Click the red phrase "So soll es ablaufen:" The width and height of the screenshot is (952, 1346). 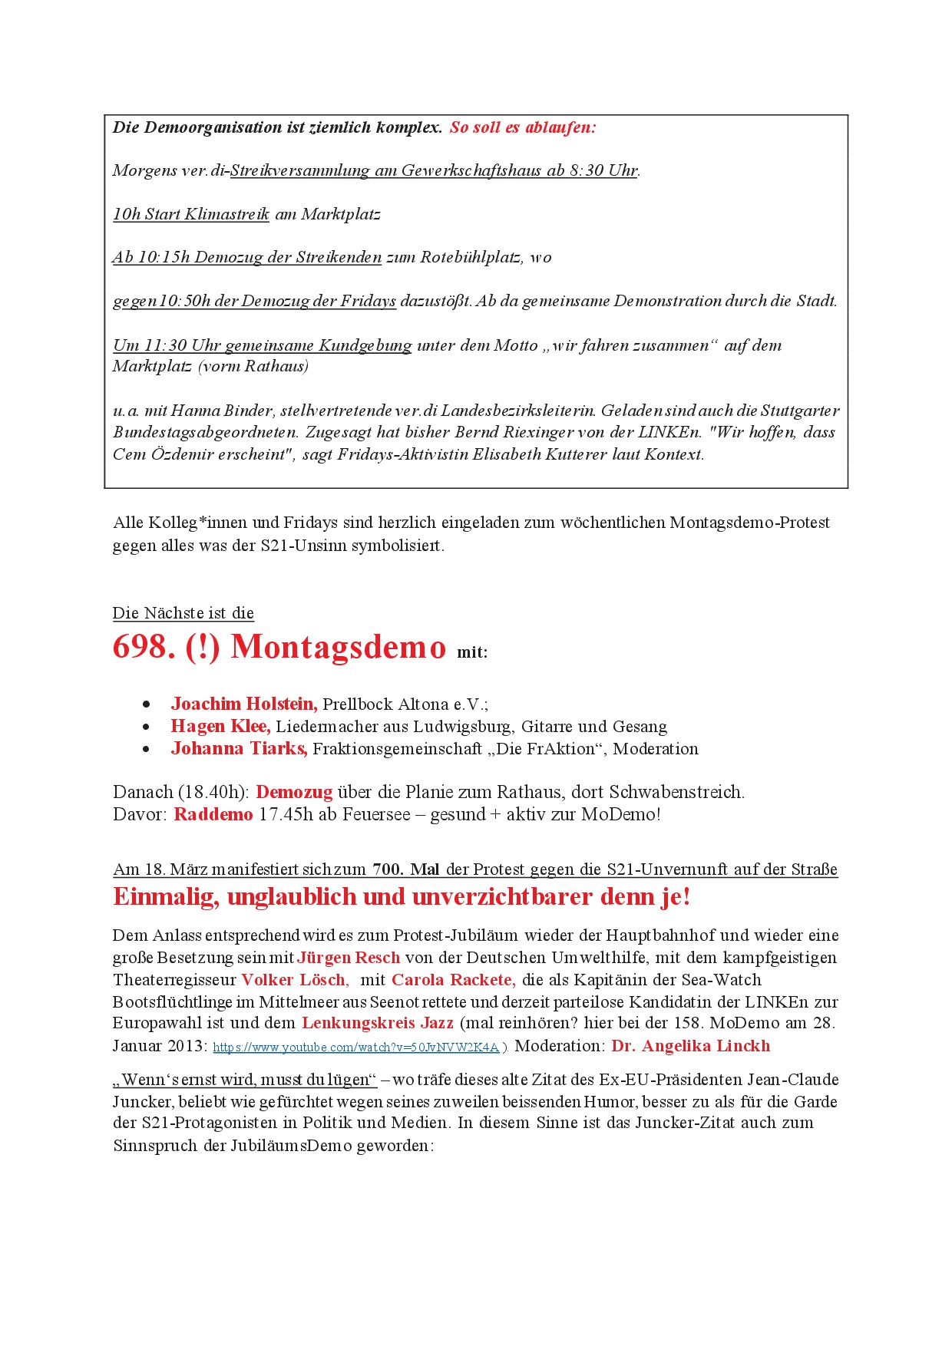pos(522,127)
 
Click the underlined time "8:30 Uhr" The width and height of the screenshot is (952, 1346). pos(603,170)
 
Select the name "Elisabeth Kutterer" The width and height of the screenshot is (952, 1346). pos(539,454)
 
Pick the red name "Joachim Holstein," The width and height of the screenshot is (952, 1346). pos(243,704)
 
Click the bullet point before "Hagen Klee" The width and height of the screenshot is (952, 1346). pos(147,727)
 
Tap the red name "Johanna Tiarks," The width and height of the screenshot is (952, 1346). pos(239,748)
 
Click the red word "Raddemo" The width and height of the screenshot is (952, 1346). pos(213,814)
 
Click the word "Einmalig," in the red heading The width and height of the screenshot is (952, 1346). pos(166,896)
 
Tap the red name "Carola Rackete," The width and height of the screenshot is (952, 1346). pos(453,980)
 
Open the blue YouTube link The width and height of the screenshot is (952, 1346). pos(355,1047)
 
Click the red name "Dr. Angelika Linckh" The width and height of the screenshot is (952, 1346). pos(690,1046)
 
